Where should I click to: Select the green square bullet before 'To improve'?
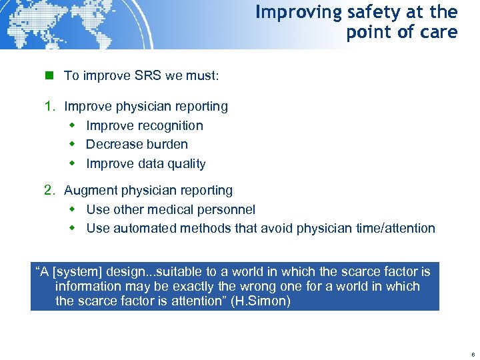point(48,75)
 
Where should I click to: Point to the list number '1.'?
point(49,106)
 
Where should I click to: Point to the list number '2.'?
point(49,190)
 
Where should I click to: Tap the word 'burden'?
point(166,144)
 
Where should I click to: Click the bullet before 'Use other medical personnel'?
point(73,209)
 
